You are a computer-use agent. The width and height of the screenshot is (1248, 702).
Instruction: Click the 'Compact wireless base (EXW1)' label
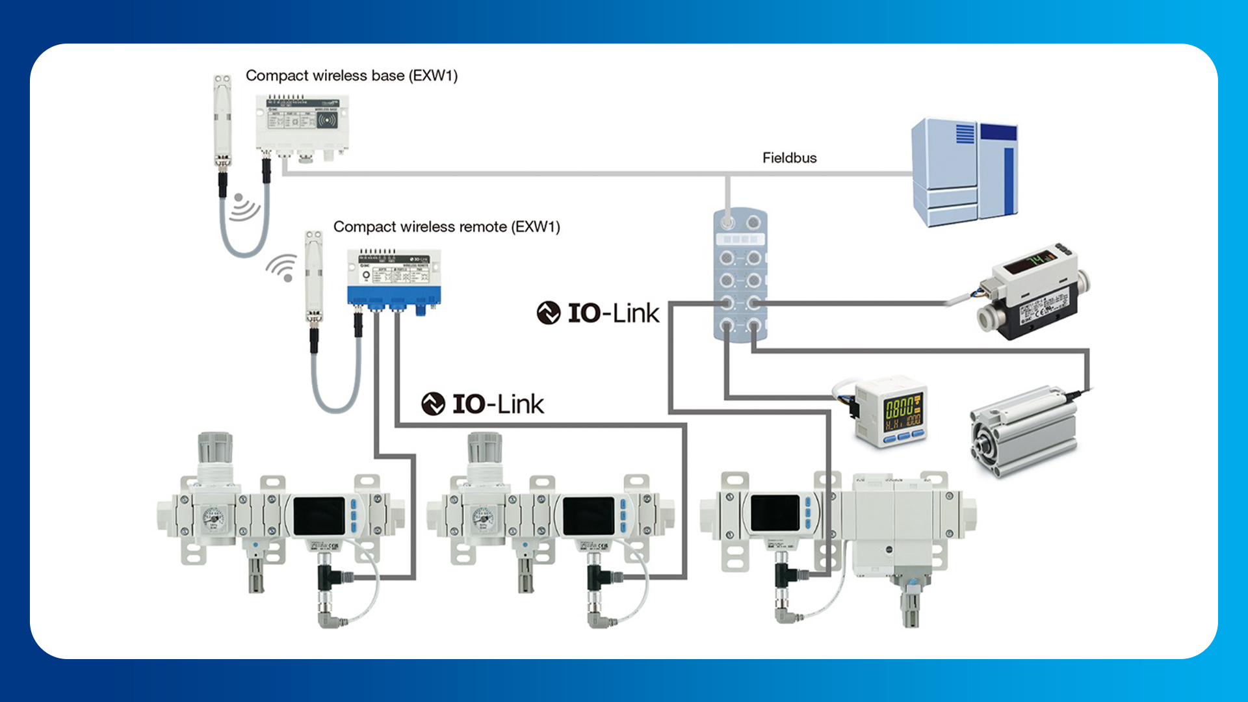(x=351, y=76)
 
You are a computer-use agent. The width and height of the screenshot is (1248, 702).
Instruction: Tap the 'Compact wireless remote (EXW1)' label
(x=446, y=227)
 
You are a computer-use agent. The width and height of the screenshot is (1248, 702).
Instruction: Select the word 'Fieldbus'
(x=789, y=158)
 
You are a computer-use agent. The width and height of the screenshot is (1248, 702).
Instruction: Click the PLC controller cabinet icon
(x=964, y=172)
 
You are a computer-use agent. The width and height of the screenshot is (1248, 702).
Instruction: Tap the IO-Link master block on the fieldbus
(x=740, y=275)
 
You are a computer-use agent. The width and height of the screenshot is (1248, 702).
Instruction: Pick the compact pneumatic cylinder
(x=1024, y=432)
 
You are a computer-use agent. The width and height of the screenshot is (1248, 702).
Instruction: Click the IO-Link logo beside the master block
(x=598, y=313)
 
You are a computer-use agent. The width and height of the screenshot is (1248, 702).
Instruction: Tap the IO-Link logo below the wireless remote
(x=482, y=404)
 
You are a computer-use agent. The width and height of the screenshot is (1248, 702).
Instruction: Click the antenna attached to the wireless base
(x=222, y=123)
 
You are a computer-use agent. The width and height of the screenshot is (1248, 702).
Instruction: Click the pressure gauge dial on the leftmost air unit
(x=213, y=518)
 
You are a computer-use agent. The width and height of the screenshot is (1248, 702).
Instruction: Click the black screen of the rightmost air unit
(x=775, y=512)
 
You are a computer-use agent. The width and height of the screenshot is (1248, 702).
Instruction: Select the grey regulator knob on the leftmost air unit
(x=215, y=448)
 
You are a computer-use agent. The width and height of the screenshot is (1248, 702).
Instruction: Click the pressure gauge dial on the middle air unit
(x=482, y=518)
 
